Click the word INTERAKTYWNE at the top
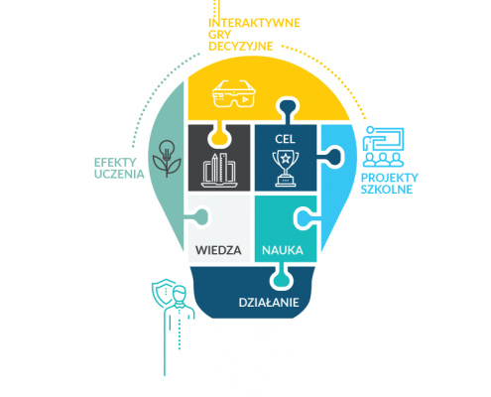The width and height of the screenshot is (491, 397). (x=254, y=23)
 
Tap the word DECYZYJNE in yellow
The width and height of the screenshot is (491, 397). (x=241, y=47)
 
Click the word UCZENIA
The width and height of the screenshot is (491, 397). (x=119, y=174)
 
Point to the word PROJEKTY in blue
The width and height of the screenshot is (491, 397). (x=390, y=178)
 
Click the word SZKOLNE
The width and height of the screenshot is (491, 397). (x=387, y=190)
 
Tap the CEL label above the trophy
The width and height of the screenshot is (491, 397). (x=285, y=139)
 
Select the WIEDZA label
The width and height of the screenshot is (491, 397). (x=218, y=250)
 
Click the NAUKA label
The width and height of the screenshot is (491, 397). (x=283, y=250)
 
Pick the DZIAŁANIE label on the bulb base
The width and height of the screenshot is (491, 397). (x=269, y=303)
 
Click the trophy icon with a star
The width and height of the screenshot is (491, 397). (x=286, y=168)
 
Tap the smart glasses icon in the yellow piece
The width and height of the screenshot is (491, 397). (x=234, y=94)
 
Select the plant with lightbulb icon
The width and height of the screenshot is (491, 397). (x=167, y=158)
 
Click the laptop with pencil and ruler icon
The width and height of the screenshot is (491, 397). (x=219, y=170)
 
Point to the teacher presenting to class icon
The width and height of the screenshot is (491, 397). (x=383, y=147)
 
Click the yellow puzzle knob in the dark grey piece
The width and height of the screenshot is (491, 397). (x=219, y=136)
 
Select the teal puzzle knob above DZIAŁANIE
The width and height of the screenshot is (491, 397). (x=282, y=278)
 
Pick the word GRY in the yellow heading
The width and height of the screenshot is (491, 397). (x=219, y=35)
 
